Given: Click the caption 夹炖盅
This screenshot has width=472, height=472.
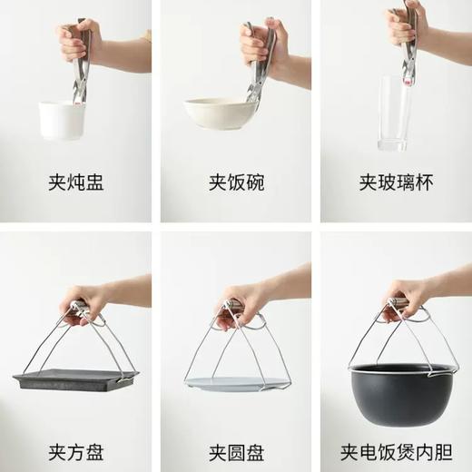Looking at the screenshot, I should coord(76,182).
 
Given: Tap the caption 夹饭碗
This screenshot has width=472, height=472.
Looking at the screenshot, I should coord(235,182).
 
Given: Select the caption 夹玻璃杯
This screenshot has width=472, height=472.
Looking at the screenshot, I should coord(395,182).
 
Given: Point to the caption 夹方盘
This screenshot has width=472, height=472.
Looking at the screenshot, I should coord(76,424).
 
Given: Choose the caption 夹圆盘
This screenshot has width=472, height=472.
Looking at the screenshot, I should coord(235,424).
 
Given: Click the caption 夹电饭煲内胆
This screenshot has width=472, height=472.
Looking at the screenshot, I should coord(395,424).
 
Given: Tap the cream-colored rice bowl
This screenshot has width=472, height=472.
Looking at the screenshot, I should coord(218,113).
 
